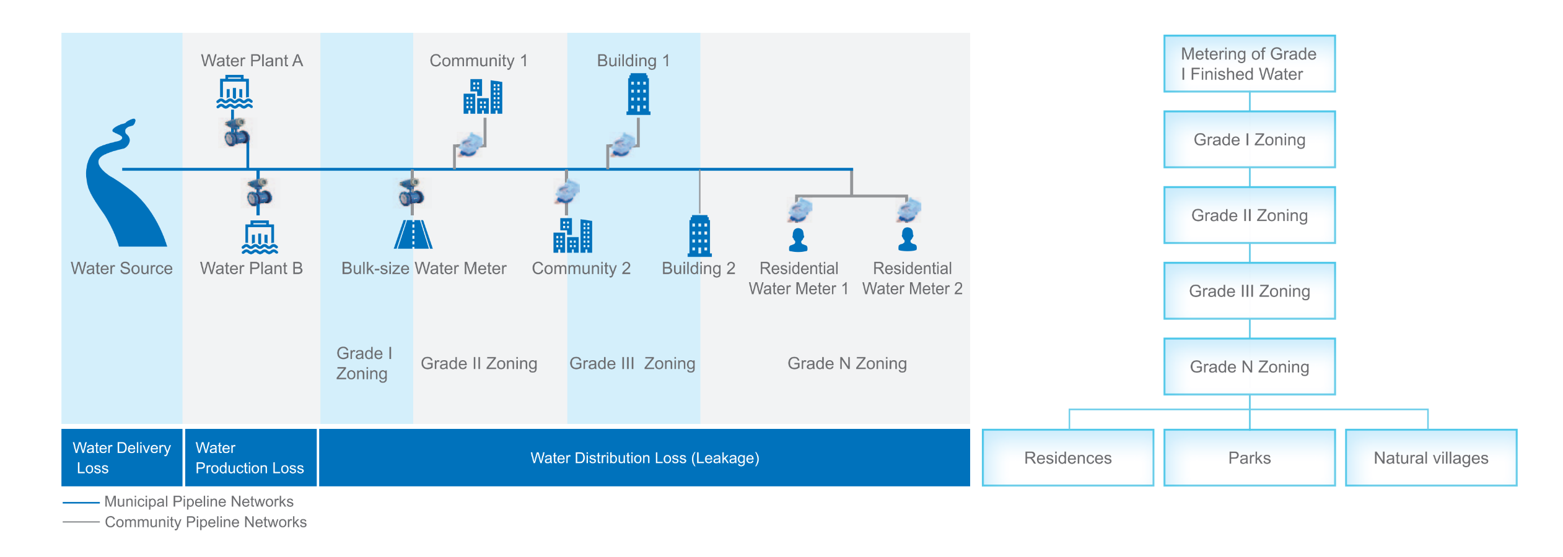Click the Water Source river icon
pos(124,186)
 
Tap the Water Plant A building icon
pos(234,92)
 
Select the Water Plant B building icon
pos(260,237)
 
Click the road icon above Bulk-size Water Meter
pos(413,235)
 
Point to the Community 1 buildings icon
pos(483,97)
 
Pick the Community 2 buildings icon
pos(572,235)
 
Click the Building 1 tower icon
pos(638,94)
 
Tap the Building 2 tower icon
pos(699,236)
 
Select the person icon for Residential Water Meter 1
pos(798,240)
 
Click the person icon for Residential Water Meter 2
pos(908,240)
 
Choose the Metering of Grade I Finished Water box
pos(1249,64)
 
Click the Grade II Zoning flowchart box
pos(1249,215)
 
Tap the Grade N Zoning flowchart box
pos(1249,366)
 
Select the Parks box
pos(1249,457)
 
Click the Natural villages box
pos(1431,457)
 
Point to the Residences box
pos(1067,457)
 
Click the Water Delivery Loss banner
pos(121,457)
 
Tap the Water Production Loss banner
pos(250,457)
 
